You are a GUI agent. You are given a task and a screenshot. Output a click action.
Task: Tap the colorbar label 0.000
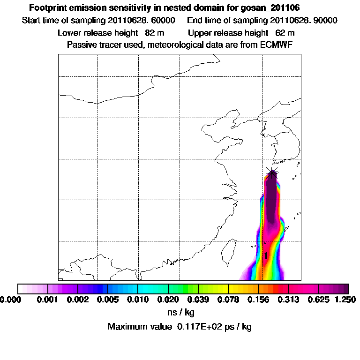(x=9, y=299)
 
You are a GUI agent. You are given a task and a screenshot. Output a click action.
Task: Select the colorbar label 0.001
(x=48, y=299)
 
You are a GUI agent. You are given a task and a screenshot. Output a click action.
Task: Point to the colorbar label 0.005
(x=108, y=299)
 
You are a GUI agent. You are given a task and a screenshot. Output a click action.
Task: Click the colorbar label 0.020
(x=168, y=299)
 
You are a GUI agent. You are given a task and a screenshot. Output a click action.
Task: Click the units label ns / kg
(x=180, y=312)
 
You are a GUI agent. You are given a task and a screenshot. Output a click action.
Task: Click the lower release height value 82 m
(x=153, y=33)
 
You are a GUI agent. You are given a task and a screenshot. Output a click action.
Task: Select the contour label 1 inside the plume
(x=266, y=255)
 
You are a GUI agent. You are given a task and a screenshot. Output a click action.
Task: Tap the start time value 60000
(x=164, y=21)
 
